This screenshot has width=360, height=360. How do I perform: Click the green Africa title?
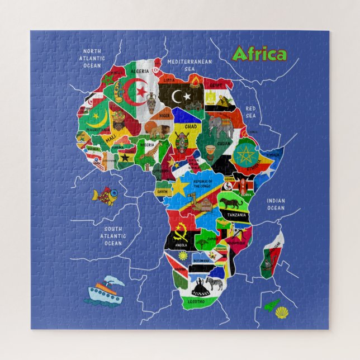point(259,54)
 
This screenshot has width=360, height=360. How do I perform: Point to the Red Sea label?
point(250,112)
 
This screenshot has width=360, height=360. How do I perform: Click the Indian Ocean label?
point(276,205)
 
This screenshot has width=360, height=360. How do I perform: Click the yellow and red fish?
point(105,196)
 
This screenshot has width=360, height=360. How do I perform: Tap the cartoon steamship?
point(105,290)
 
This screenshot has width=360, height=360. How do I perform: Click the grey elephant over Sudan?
point(222,127)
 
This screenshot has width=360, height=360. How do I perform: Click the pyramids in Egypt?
point(226,101)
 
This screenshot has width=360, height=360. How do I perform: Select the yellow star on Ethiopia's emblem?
point(244,154)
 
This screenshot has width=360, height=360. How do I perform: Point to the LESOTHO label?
point(196,302)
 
